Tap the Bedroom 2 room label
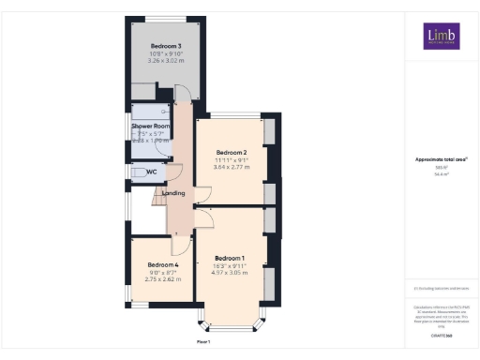point(231,152)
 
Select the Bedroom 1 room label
point(230,258)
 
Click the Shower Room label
point(150,125)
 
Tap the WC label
point(151,172)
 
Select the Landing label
point(172,193)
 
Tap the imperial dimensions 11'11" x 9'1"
point(231,159)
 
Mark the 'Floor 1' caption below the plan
point(203,343)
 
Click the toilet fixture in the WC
point(136,172)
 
